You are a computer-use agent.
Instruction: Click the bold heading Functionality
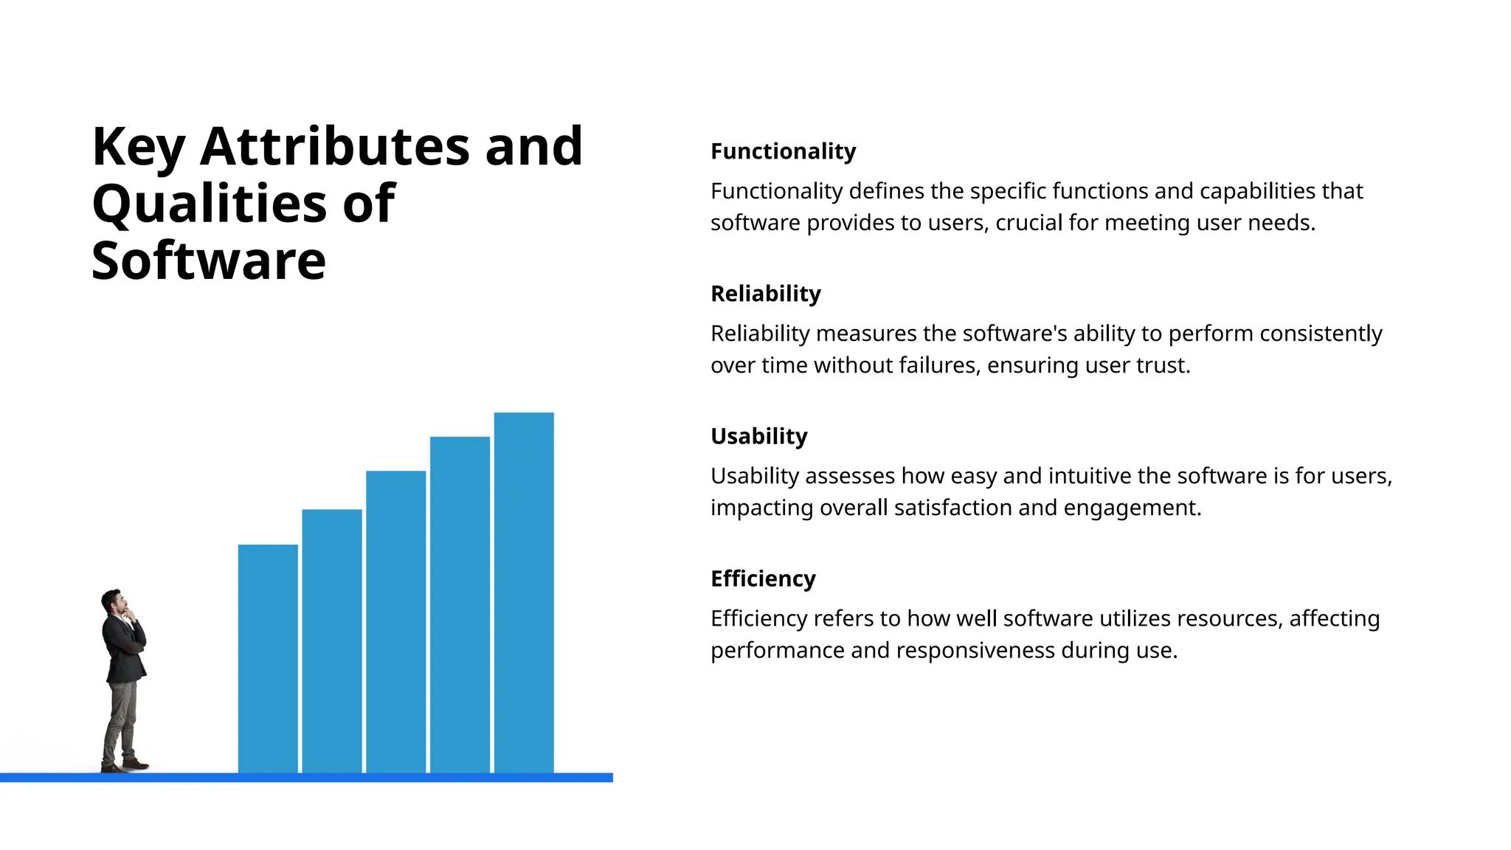coord(783,151)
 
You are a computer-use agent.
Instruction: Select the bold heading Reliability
coord(765,294)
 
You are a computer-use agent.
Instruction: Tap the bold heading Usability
coord(758,436)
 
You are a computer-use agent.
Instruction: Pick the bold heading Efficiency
coord(763,578)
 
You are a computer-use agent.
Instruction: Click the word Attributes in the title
coord(334,146)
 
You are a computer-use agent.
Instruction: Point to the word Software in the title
coord(208,260)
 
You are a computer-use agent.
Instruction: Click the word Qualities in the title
coord(209,204)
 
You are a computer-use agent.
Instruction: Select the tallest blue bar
coord(524,590)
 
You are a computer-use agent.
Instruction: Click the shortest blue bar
coord(268,657)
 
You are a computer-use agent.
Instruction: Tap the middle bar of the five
coord(396,620)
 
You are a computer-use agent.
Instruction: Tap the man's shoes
coord(125,765)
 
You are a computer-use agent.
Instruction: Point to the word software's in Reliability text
coord(1014,334)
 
